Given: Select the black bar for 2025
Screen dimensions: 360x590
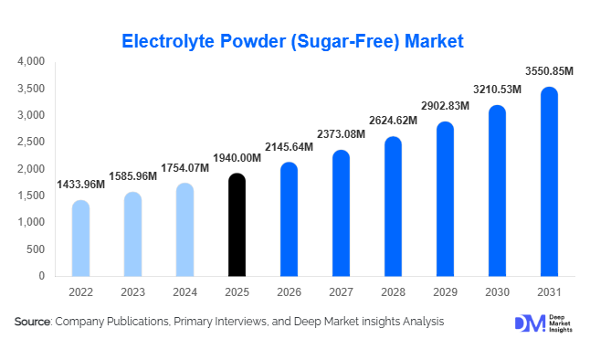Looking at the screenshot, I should (x=236, y=225).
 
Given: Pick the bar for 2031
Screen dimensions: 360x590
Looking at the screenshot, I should (x=549, y=182).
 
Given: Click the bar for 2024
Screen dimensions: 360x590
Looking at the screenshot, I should (x=184, y=229).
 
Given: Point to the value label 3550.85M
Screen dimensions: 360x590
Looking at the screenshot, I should (x=547, y=71).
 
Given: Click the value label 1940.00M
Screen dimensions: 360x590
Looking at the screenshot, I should (x=236, y=158).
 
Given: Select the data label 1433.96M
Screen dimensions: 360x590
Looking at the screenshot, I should (x=81, y=185).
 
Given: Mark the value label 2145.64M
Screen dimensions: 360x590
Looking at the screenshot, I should (x=288, y=147).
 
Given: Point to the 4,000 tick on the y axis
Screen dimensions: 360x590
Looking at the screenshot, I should (x=31, y=62).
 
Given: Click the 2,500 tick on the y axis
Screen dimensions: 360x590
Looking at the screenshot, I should (x=31, y=143).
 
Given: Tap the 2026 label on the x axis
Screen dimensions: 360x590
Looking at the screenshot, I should (x=288, y=291).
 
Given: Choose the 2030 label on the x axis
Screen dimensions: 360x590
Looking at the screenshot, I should (x=496, y=291).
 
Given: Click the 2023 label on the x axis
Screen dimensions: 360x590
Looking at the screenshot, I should (x=132, y=291).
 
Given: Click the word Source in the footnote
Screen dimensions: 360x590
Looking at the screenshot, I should (x=33, y=323).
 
